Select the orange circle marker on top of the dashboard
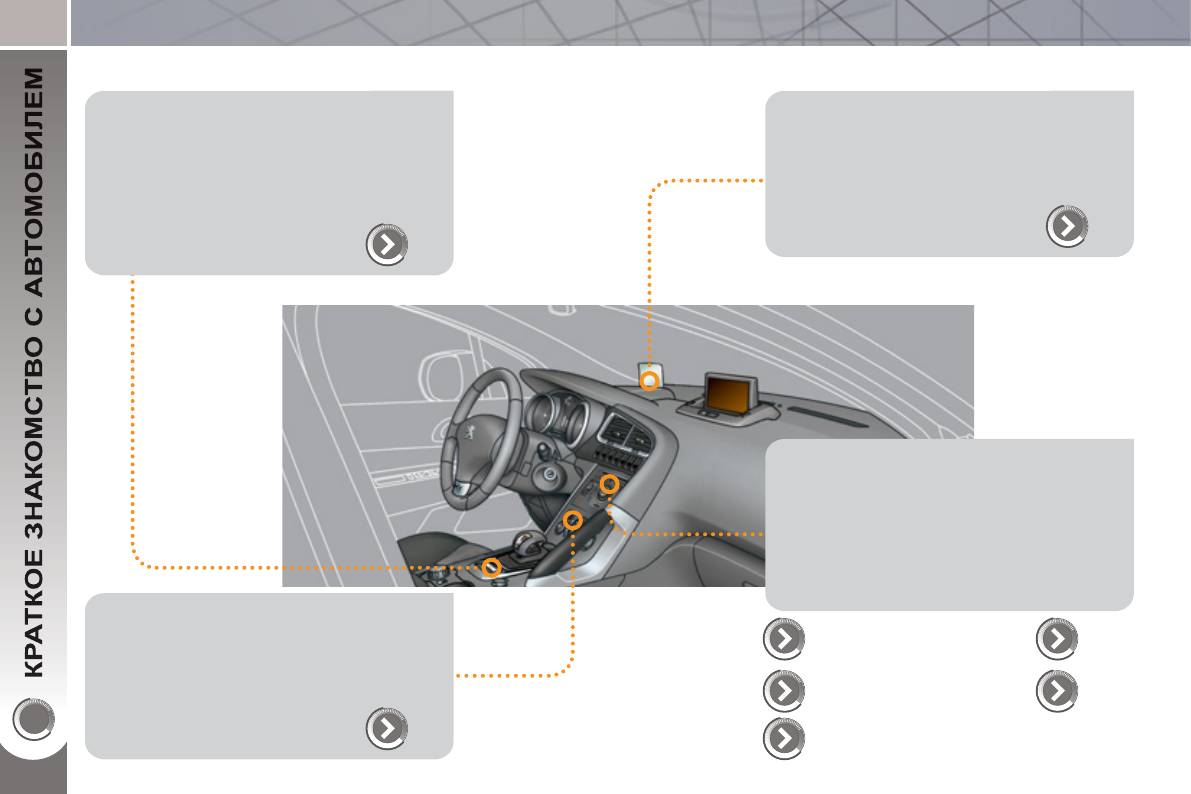click(649, 381)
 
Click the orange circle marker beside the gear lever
click(491, 567)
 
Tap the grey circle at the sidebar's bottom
click(33, 717)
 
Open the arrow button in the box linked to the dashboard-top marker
click(1067, 227)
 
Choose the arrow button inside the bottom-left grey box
click(387, 729)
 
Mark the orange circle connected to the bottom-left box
click(572, 520)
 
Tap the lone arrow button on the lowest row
click(784, 737)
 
